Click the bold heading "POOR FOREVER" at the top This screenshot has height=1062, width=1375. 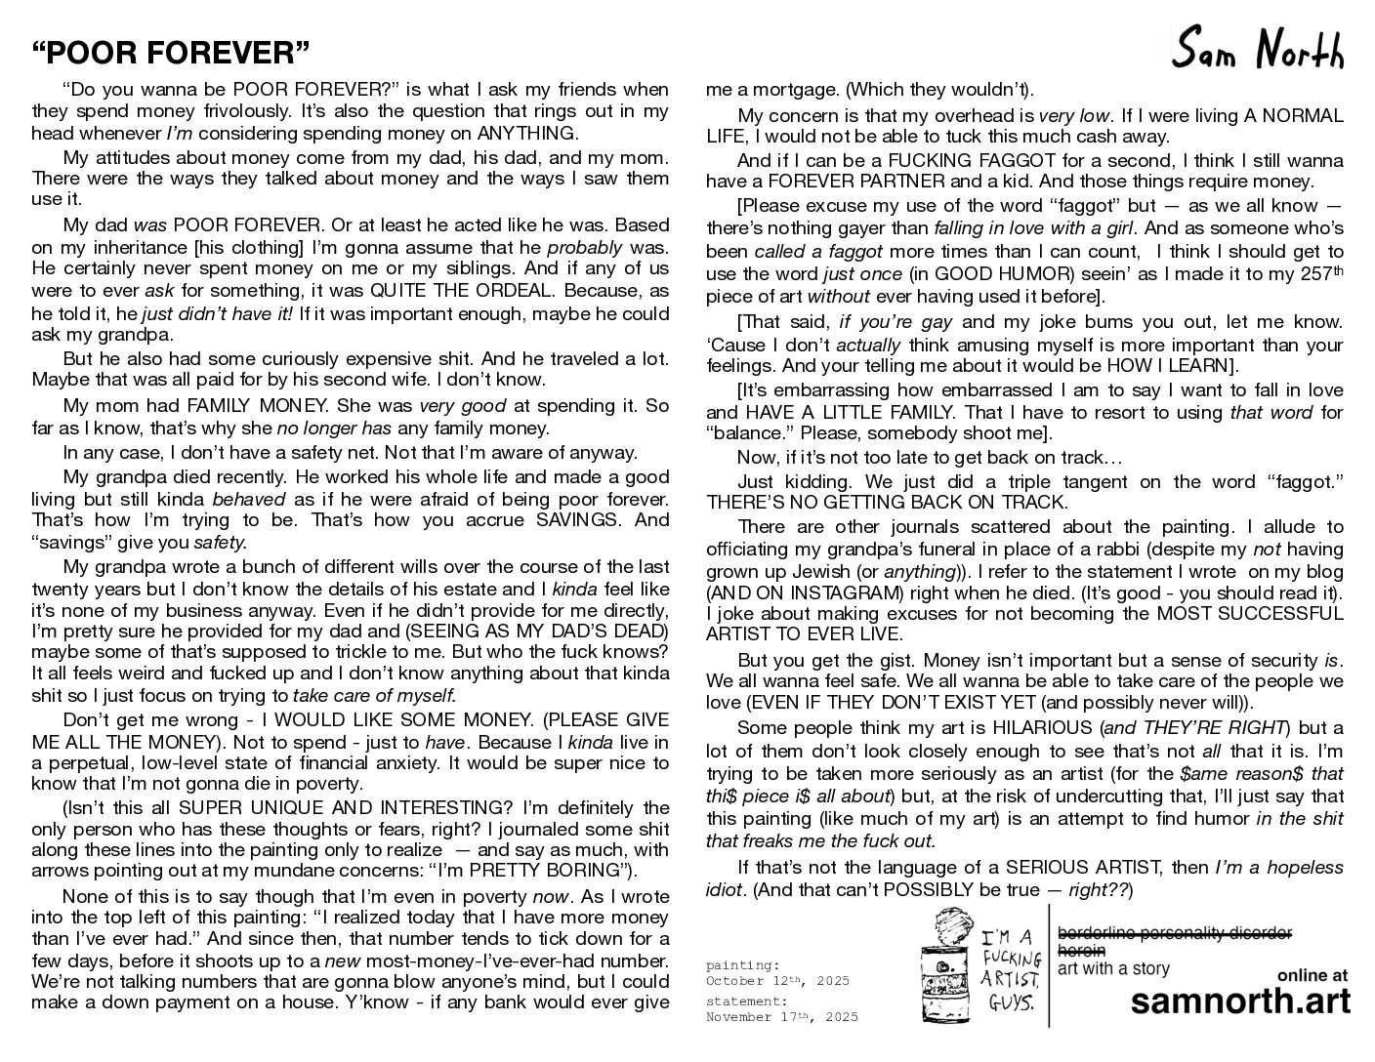point(171,51)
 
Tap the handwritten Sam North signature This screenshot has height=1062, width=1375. point(1258,49)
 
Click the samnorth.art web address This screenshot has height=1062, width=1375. point(1240,1002)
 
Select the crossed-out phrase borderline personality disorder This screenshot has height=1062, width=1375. point(1175,933)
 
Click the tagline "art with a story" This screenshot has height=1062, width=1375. point(1113,968)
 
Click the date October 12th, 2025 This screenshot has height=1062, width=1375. point(777,981)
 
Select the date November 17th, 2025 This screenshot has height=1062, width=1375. point(781,1017)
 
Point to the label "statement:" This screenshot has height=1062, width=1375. point(746,1001)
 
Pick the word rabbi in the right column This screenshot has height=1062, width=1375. point(1035,549)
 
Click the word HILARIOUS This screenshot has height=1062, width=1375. point(1043,728)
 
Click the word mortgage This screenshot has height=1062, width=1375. point(782,90)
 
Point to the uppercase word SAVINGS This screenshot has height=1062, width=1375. point(583,520)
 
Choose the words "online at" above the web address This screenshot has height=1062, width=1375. point(1312,975)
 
